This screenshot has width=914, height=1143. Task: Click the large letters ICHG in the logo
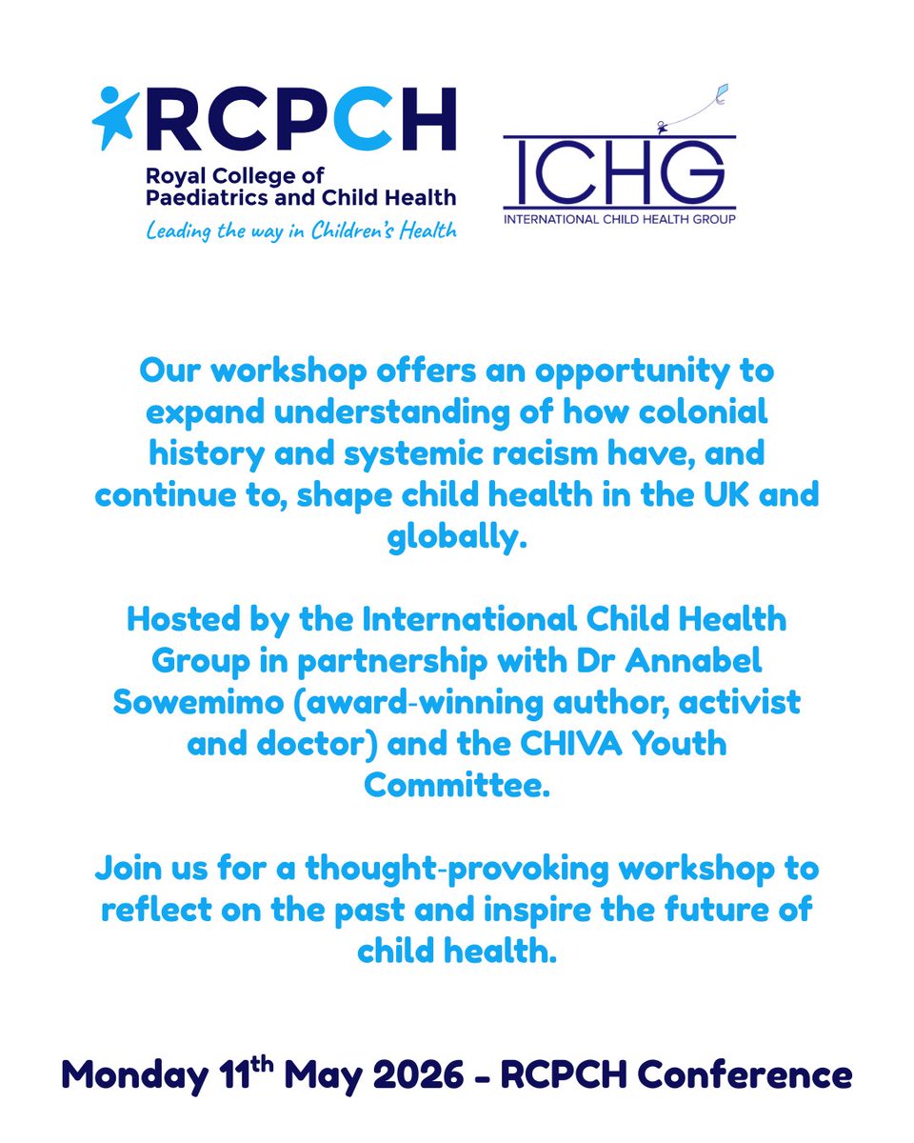click(619, 174)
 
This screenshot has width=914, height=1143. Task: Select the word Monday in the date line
click(130, 1075)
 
